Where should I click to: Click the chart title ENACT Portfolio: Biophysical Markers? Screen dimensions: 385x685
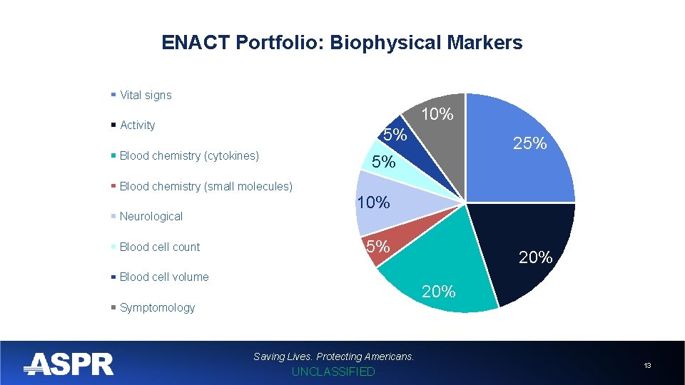tap(342, 43)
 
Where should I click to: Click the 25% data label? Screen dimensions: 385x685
tap(530, 143)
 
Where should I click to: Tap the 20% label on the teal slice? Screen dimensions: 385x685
tap(438, 291)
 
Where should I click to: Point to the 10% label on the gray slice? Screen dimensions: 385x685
tap(437, 114)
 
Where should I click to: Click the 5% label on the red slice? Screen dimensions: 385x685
tap(377, 247)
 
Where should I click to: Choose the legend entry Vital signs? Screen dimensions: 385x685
tap(146, 95)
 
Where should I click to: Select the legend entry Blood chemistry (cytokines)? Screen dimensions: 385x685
tap(189, 155)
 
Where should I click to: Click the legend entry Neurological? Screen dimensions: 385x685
tap(151, 216)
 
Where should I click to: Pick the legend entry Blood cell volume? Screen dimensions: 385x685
tap(164, 277)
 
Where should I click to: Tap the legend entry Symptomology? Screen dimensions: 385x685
tap(157, 307)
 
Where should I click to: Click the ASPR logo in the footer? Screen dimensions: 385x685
tap(68, 364)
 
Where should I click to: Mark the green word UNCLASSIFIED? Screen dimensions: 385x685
tap(333, 371)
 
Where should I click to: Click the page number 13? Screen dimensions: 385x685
tap(647, 365)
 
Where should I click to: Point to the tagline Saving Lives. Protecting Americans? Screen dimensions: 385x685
tap(333, 356)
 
